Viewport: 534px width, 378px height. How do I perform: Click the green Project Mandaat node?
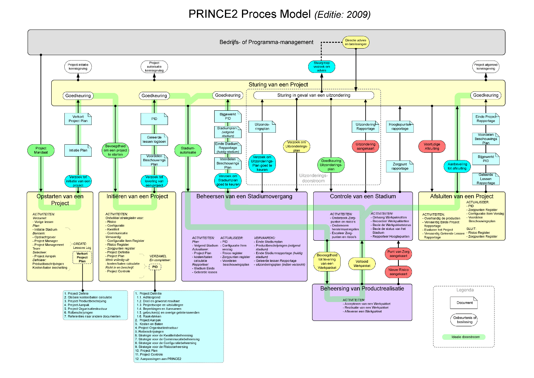[x=41, y=150]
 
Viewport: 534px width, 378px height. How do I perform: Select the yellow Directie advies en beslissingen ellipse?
[x=356, y=42]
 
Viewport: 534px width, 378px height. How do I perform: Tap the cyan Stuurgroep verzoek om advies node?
[x=322, y=67]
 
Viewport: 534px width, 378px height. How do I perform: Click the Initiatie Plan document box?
[x=78, y=150]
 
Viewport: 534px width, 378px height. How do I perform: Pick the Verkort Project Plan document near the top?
[x=78, y=119]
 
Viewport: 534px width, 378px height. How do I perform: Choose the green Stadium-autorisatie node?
[x=188, y=150]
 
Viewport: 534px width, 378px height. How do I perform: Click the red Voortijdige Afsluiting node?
[x=432, y=147]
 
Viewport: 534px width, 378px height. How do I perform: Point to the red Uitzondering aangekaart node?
[x=365, y=147]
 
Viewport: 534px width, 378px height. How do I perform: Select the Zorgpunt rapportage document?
[x=400, y=167]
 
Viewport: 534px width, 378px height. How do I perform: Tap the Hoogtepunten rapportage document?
[x=400, y=127]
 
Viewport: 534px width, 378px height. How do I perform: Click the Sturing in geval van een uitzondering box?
[x=314, y=95]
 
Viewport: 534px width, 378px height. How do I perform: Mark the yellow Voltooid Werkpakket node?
[x=362, y=263]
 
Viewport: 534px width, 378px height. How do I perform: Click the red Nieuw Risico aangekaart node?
[x=398, y=272]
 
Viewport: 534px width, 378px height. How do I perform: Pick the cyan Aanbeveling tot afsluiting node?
[x=457, y=166]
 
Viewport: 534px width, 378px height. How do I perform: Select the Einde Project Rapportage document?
[x=486, y=119]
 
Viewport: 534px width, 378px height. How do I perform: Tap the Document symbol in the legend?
[x=464, y=303]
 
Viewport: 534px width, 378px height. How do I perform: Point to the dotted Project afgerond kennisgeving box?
[x=486, y=67]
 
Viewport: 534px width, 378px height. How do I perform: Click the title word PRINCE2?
[x=213, y=14]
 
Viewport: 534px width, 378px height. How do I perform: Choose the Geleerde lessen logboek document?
[x=154, y=140]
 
